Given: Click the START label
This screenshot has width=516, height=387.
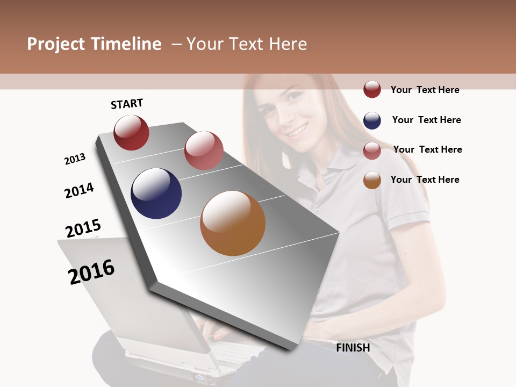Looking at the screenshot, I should [127, 104].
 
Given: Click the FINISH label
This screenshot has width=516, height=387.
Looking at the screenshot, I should [353, 348].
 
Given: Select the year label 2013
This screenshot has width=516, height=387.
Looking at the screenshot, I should [75, 159].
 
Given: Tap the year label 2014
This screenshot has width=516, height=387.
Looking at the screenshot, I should [80, 190].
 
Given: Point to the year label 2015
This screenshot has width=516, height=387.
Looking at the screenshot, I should [83, 228].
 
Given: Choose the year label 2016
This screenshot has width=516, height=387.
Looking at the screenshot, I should [91, 271].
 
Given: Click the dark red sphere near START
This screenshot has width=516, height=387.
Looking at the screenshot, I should [131, 132].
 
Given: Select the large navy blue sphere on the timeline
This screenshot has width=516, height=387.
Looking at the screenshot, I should [156, 193].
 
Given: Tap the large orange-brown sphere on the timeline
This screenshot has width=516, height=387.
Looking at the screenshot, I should [233, 223].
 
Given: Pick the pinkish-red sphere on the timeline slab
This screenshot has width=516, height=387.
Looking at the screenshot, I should [204, 150].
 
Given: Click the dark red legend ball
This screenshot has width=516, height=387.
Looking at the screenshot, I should [372, 89].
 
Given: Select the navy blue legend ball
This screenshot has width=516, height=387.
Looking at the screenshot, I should [372, 120].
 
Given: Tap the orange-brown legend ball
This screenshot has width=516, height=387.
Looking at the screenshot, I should [372, 180].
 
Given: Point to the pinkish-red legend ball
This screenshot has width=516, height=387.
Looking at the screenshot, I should [372, 150].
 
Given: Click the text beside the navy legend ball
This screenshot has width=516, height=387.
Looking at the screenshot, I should [426, 120].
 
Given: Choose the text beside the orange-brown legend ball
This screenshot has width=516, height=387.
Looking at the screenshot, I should [425, 180].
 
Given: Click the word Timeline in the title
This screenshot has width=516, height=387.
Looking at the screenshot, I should [126, 44].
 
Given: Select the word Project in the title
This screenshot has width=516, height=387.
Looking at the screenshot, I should [56, 44].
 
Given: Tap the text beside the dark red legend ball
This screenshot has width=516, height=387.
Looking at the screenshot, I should [425, 90].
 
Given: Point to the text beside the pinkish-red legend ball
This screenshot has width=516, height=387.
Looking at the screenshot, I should [427, 149].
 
